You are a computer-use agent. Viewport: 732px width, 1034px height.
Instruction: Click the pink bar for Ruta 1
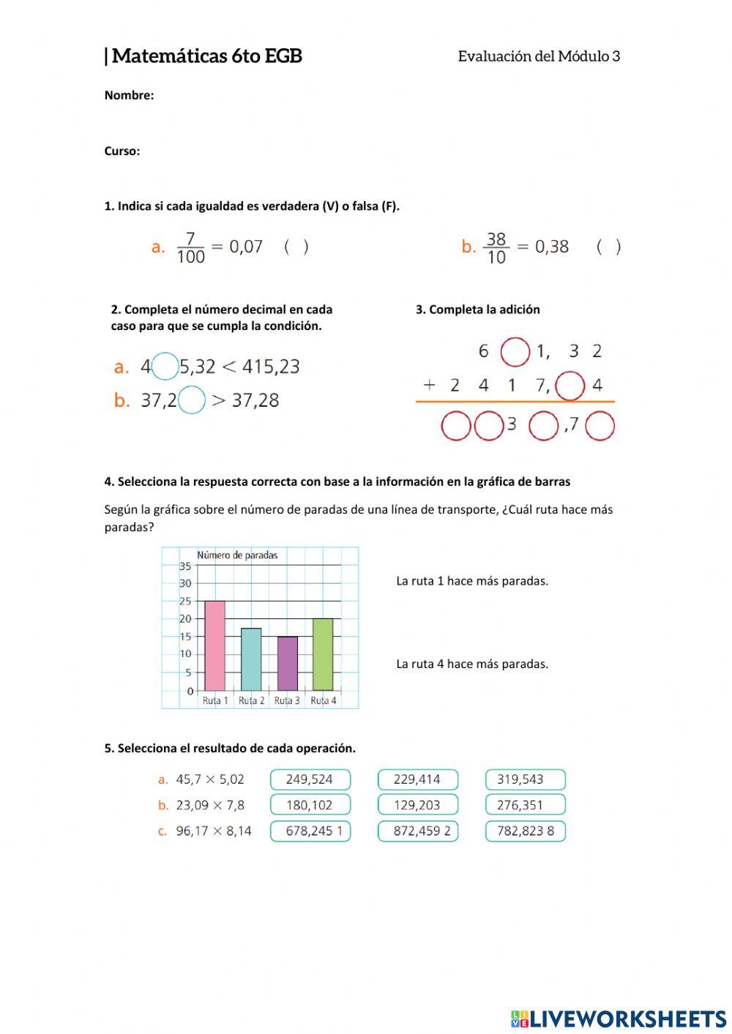point(214,645)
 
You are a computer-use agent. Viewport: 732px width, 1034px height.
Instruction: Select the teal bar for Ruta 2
point(251,659)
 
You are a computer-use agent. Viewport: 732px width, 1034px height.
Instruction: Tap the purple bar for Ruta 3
point(287,663)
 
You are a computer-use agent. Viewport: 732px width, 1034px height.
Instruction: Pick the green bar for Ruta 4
point(323,654)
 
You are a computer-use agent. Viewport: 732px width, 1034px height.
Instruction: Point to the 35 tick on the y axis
point(185,566)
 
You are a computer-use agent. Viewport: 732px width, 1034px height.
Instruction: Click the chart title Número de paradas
point(237,555)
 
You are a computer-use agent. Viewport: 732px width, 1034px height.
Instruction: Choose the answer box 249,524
point(310,779)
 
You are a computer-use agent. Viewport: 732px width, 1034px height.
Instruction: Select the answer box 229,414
point(417,779)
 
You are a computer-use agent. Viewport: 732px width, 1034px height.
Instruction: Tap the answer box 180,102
point(310,805)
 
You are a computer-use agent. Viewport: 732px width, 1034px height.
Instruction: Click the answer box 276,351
point(525,805)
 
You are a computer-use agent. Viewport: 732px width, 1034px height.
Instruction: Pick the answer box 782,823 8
point(525,831)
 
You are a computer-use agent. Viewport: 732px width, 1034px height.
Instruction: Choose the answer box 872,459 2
point(417,831)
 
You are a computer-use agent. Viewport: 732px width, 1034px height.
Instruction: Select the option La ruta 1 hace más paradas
point(472,581)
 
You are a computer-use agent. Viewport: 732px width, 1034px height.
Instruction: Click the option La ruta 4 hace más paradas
point(472,664)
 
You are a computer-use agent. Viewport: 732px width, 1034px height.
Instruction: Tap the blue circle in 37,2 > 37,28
point(192,400)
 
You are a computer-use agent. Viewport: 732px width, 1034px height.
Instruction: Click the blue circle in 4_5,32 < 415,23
point(165,366)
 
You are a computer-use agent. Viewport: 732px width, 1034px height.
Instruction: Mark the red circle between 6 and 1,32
point(515,352)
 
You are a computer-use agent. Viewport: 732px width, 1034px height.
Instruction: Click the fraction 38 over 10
point(496,248)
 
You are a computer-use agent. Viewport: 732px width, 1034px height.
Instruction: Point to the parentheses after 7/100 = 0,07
point(296,247)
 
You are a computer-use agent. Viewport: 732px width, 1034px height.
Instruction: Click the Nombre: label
point(129,95)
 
